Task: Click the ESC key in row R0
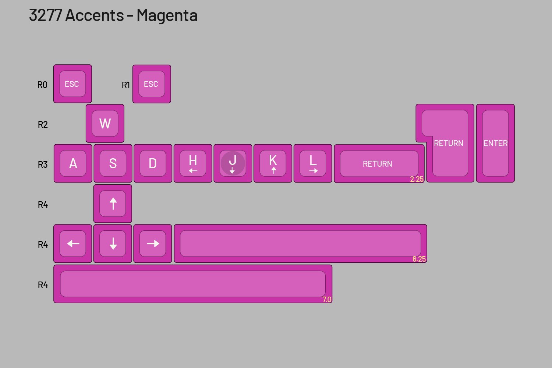[x=72, y=84]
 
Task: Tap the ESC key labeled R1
[x=152, y=84]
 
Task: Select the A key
[x=73, y=163]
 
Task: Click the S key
[x=113, y=163]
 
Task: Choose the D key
[x=153, y=163]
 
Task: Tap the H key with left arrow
[x=193, y=163]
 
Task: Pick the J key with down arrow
[x=233, y=163]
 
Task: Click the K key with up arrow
[x=273, y=163]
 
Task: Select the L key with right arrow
[x=313, y=163]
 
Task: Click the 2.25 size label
[x=417, y=179]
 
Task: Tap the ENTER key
[x=495, y=143]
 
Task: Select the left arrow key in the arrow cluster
[x=73, y=244]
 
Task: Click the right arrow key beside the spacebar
[x=153, y=244]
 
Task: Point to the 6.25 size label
[x=419, y=259]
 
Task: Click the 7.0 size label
[x=327, y=300]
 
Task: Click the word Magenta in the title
[x=167, y=15]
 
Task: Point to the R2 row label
[x=43, y=124]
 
